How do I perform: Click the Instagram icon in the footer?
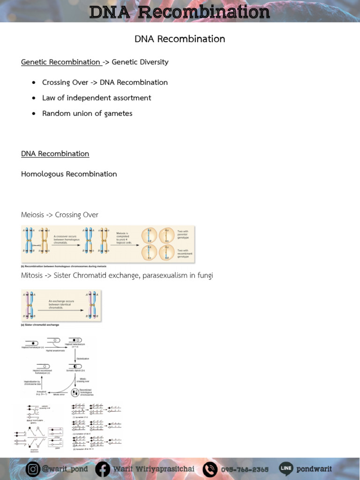click(33, 469)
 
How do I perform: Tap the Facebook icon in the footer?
click(103, 469)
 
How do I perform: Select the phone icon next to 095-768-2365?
click(210, 469)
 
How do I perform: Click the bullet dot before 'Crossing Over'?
click(34, 82)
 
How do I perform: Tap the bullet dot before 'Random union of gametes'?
click(34, 113)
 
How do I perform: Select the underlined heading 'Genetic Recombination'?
click(60, 62)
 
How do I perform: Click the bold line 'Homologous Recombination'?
click(69, 174)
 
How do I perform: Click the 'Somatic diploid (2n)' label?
click(77, 371)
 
